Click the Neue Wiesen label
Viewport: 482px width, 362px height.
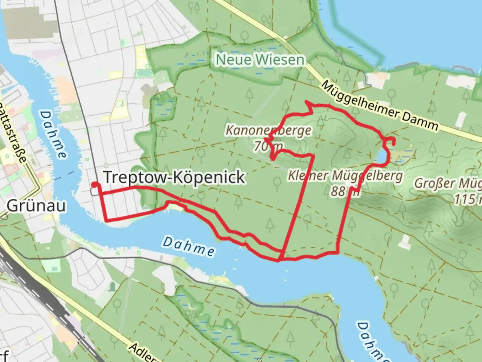coord(260,60)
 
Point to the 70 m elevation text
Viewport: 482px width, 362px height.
coord(268,146)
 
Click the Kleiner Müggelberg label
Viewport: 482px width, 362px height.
coord(345,175)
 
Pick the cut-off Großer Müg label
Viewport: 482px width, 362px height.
coord(448,184)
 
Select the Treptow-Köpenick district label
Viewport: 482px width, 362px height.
coord(174,177)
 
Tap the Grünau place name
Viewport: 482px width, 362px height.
coord(36,206)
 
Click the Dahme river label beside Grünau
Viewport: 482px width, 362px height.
coord(53,134)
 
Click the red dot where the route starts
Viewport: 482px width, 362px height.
coord(95,184)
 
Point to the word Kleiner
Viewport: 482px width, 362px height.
coord(307,175)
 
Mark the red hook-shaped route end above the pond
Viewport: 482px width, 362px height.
coord(390,141)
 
